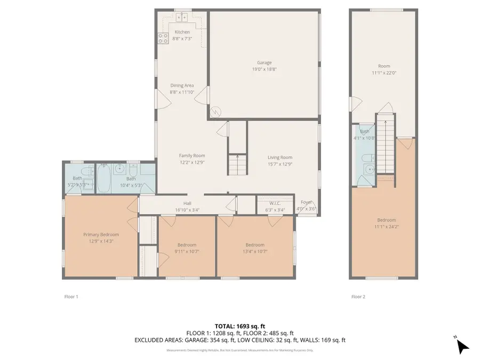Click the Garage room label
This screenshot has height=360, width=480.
(265, 62)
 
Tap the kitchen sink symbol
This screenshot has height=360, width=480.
(182, 18)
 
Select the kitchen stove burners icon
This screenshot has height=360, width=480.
(163, 38)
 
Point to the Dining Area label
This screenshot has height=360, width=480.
(182, 85)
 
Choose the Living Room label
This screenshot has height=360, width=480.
(279, 157)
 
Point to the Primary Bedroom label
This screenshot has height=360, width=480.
(101, 234)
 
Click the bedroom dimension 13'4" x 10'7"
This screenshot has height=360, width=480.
(255, 252)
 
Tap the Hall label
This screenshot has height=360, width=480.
(187, 203)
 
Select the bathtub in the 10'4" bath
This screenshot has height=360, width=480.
(104, 178)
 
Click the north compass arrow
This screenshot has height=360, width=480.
(462, 346)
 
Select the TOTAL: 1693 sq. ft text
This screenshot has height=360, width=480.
(239, 326)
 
